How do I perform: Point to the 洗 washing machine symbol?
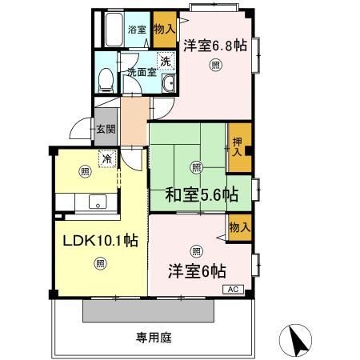pos(165,60)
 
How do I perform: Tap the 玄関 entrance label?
pos(106,129)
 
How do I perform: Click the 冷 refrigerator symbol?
pos(106,159)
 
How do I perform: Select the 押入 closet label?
pos(238,148)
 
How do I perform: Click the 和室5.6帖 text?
pos(202,194)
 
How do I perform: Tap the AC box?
pos(234,290)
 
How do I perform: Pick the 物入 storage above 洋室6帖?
pos(239,227)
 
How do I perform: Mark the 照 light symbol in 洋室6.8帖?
pos(214,65)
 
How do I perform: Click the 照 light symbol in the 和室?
pos(197,166)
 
